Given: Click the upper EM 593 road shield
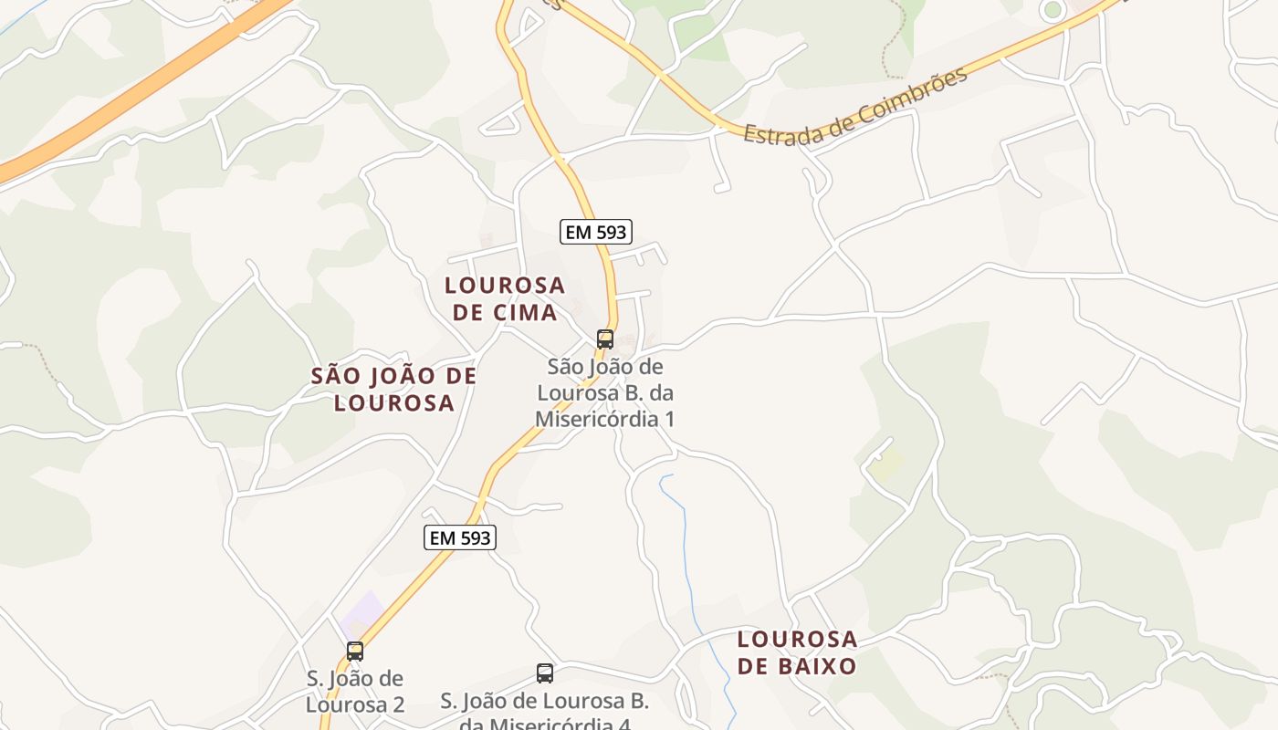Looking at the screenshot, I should [596, 232].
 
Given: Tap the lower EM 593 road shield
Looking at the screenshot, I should [460, 538].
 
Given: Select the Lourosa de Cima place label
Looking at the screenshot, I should [505, 298].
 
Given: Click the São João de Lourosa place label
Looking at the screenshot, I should [393, 390].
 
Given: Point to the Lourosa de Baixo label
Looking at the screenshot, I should [797, 652].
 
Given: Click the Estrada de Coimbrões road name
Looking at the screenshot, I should [854, 108].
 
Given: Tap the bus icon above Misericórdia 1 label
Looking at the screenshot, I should [604, 339].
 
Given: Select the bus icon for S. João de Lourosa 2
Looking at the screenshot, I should [355, 652].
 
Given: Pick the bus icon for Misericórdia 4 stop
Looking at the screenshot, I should [545, 673].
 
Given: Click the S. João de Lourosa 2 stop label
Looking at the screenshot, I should [355, 692].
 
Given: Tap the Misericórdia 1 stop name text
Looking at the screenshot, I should [604, 393].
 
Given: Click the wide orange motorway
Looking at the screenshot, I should [137, 91].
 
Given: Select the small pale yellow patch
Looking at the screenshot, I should [885, 464].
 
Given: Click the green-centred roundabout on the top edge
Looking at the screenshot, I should [1053, 9].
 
